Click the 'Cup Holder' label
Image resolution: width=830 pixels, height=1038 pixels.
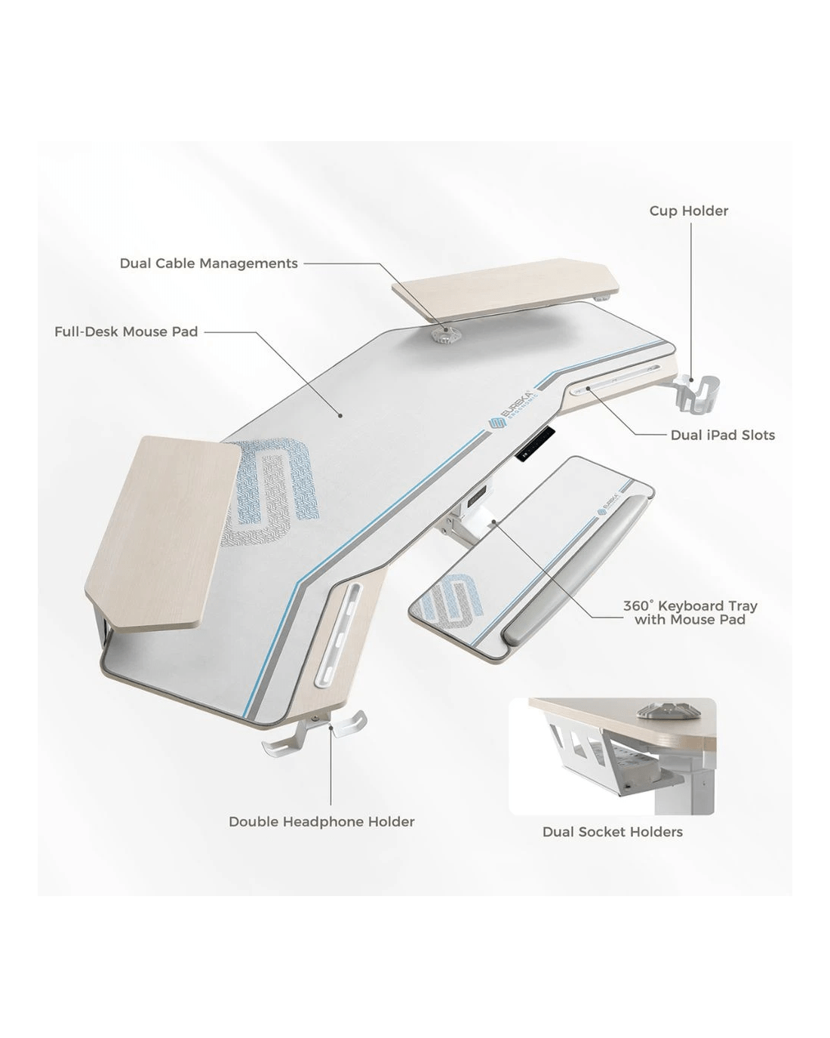pyautogui.click(x=689, y=211)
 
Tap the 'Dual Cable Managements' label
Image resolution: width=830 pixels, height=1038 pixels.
pyautogui.click(x=209, y=263)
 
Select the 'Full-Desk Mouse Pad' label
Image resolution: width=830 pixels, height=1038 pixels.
pyautogui.click(x=126, y=332)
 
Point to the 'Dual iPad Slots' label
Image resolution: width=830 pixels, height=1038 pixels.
pyautogui.click(x=722, y=435)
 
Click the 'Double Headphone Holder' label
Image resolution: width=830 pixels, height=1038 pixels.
pyautogui.click(x=321, y=821)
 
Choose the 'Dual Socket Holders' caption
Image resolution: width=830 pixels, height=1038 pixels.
pyautogui.click(x=613, y=832)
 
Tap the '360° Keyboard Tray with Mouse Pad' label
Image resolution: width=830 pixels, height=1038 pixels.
pyautogui.click(x=690, y=612)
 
